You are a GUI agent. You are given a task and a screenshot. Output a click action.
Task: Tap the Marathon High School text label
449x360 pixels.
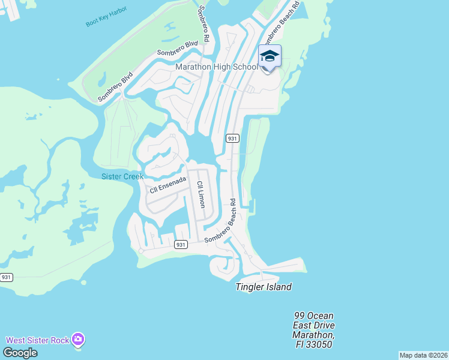click(217, 67)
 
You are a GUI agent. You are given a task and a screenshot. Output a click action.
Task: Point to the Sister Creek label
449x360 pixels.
click(122, 176)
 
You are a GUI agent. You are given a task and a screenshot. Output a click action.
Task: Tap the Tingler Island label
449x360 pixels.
click(263, 287)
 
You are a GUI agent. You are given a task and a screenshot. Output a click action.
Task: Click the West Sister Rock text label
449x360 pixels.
click(38, 340)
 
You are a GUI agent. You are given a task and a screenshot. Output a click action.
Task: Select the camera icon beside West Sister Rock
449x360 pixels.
click(78, 340)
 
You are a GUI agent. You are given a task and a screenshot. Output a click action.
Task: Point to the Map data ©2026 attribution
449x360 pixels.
click(423, 355)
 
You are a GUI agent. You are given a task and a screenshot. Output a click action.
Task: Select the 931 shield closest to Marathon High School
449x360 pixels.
click(233, 138)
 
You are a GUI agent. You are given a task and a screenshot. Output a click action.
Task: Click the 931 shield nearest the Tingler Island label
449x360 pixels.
click(181, 244)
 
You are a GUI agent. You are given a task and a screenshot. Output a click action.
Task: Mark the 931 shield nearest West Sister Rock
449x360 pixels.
click(6, 277)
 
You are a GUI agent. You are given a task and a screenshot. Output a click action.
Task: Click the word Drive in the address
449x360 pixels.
click(322, 325)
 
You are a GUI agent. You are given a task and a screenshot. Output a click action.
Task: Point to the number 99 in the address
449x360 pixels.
click(301, 316)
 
